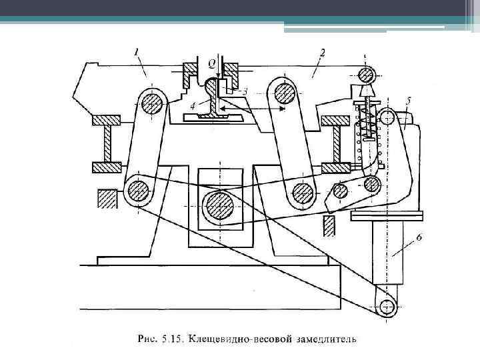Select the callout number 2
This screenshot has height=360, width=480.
click(322, 51)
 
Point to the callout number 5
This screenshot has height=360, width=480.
click(407, 101)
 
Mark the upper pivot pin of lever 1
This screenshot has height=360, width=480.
click(151, 103)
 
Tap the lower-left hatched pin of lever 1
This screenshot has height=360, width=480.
click(137, 190)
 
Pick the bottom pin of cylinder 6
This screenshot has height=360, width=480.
click(385, 306)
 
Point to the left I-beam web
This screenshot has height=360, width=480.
click(107, 143)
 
